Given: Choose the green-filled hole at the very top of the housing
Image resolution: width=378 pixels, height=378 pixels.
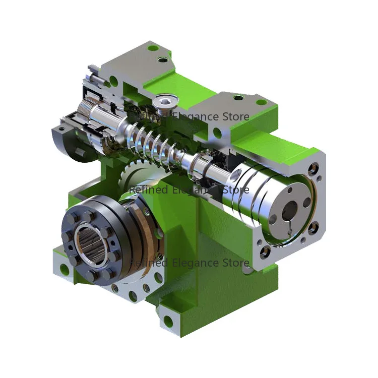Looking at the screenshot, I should [x=152, y=49].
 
